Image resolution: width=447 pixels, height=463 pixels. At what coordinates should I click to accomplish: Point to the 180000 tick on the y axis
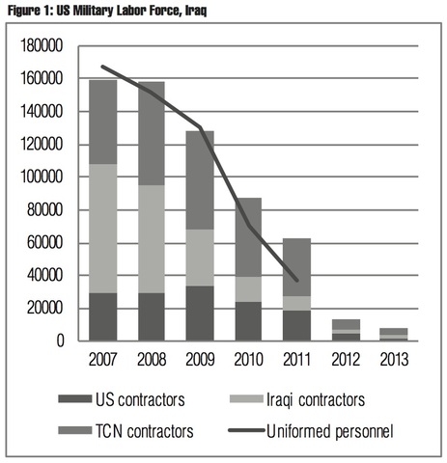pyautogui.click(x=42, y=45)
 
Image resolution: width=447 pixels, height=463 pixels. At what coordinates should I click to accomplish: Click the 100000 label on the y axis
pyautogui.click(x=42, y=177)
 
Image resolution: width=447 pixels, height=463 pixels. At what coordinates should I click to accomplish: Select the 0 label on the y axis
pyautogui.click(x=60, y=340)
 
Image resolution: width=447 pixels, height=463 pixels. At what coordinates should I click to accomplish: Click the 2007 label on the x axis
pyautogui.click(x=102, y=360)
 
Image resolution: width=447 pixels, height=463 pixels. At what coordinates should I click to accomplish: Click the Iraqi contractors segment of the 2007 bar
pyautogui.click(x=102, y=229)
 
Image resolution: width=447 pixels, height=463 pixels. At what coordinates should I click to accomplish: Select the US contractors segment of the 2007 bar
pyautogui.click(x=102, y=316)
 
